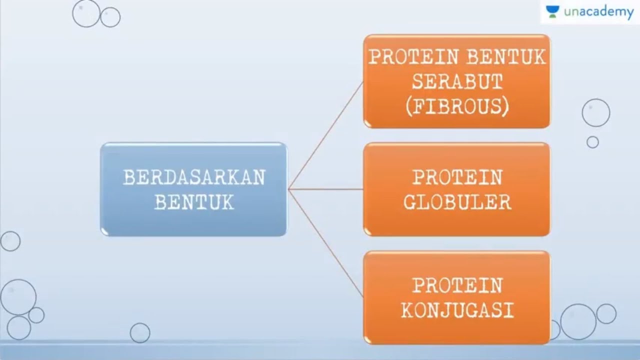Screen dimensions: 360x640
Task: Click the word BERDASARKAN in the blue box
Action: (x=194, y=178)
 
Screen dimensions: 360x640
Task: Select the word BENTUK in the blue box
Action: (x=194, y=202)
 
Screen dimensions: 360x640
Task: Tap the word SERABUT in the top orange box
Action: (x=456, y=82)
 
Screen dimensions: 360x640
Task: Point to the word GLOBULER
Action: (x=456, y=202)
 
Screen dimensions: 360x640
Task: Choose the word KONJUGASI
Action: (x=456, y=310)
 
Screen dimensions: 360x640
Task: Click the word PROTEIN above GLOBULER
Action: (x=456, y=177)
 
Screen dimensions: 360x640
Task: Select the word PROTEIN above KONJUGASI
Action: (x=456, y=285)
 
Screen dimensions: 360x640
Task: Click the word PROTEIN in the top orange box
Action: (x=413, y=57)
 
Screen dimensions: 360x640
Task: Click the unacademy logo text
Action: (x=598, y=12)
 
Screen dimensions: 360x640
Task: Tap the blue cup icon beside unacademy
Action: (x=552, y=12)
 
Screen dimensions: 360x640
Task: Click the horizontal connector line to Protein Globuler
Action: (x=326, y=189)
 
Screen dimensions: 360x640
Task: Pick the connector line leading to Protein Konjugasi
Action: (x=326, y=242)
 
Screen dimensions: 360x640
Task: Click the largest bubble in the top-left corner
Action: (x=86, y=13)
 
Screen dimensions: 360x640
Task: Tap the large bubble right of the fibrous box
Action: (x=595, y=112)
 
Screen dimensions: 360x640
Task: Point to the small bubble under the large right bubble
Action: (x=592, y=142)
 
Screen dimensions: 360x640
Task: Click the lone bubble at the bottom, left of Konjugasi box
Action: (x=140, y=332)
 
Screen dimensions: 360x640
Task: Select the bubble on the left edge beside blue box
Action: (x=10, y=241)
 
